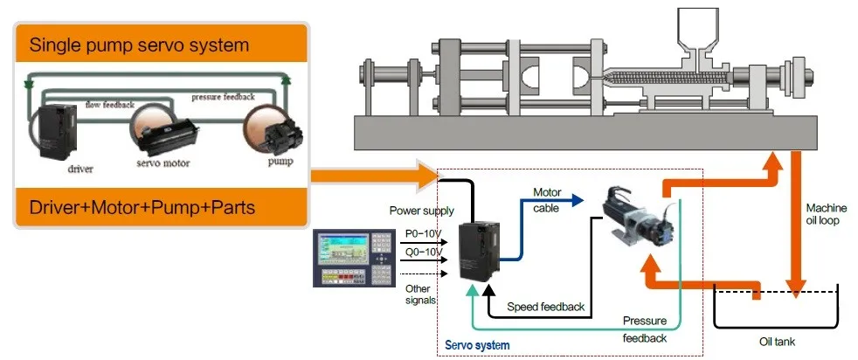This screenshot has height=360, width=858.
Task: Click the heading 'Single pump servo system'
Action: (140, 44)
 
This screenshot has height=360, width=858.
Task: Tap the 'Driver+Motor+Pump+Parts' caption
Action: (141, 209)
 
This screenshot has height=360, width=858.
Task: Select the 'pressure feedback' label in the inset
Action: (223, 97)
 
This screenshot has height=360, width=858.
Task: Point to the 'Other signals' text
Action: (419, 294)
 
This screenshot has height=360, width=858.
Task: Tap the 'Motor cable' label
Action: (548, 199)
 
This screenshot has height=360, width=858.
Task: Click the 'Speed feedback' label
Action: (545, 308)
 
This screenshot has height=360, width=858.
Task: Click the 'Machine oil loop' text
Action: (826, 214)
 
